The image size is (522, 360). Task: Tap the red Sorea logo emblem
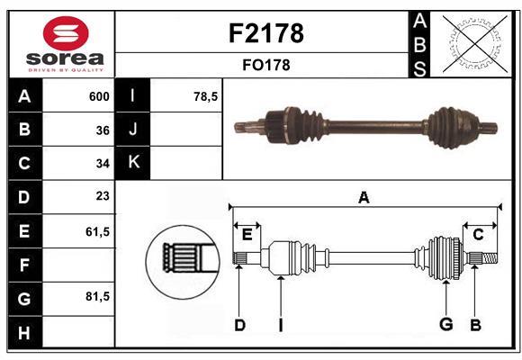pos(66,34)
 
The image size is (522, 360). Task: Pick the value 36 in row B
pos(103,130)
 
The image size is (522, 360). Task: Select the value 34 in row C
pos(103,164)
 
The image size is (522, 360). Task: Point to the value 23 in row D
pos(103,196)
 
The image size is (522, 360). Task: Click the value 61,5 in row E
pos(97,231)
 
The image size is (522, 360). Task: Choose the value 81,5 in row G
pos(97,296)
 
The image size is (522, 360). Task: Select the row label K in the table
pos(133,163)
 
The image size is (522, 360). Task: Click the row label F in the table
pos(23,265)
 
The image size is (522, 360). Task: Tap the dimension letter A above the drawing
pos(364,197)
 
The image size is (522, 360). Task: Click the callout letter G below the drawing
pos(445,325)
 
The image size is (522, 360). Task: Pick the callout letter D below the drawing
pos(239,325)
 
